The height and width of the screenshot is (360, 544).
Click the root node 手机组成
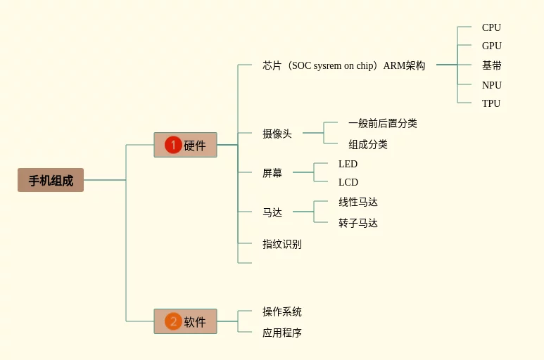pos(51,180)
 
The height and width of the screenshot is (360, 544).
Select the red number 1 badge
pos(173,145)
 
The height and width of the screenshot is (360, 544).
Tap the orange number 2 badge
pos(173,321)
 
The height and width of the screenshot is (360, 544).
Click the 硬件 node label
pos(195,146)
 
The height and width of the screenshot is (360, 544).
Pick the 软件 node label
pos(195,322)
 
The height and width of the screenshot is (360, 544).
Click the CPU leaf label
pos(491,27)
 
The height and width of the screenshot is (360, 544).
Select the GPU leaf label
pos(491,46)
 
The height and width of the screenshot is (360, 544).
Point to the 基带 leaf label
pos(491,65)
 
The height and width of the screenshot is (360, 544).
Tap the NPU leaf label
pos(491,85)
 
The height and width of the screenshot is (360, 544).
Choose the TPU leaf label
pos(491,103)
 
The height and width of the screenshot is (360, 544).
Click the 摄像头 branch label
pos(277,134)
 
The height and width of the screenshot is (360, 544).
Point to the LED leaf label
pos(348,164)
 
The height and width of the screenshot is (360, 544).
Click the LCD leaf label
pos(348,182)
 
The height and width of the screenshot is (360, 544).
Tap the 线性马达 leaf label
pos(358,202)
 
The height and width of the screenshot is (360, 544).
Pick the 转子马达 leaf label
pos(358,223)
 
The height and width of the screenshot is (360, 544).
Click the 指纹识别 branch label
pos(282,244)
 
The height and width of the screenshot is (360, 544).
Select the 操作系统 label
pos(282,311)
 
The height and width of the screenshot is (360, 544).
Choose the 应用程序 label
pos(282,333)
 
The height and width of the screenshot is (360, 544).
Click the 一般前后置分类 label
pos(382,123)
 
